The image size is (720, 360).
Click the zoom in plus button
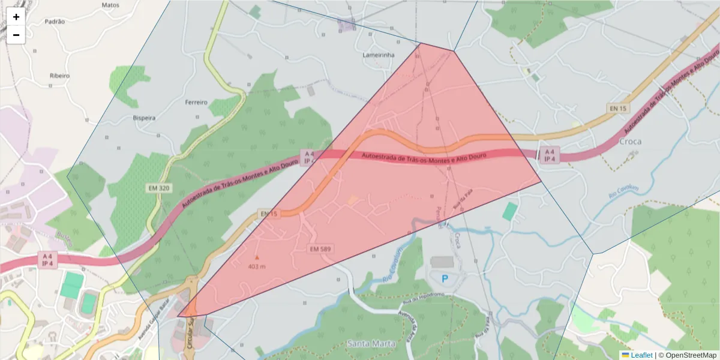coord(16,17)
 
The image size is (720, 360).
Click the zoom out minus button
coord(16,35)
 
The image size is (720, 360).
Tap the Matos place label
coord(110,5)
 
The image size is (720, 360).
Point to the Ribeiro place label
coord(59,76)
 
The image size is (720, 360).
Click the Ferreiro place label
coord(196,103)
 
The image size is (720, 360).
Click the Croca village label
coord(629,142)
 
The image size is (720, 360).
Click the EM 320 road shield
coord(159,188)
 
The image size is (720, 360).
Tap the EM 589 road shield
coord(321,248)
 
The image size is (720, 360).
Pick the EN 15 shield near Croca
coord(617,109)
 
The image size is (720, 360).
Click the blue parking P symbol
coord(445,278)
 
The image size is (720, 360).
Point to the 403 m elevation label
coord(257,266)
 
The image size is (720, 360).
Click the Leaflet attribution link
coord(641,355)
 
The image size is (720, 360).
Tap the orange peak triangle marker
coord(257,257)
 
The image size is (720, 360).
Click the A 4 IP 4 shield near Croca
coord(550,155)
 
